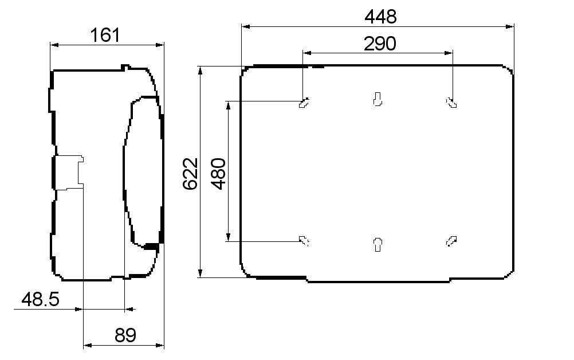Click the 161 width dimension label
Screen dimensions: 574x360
105,35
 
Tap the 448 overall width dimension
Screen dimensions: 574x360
380,17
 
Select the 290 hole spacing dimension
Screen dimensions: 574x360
380,44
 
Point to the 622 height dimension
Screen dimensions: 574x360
190,174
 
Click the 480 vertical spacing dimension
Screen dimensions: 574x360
219,174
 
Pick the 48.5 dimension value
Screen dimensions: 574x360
40,299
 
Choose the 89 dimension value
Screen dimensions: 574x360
125,335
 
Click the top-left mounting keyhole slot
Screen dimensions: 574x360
304,103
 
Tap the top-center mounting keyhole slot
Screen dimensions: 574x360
378,99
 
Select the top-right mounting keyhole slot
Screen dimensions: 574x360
451,103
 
